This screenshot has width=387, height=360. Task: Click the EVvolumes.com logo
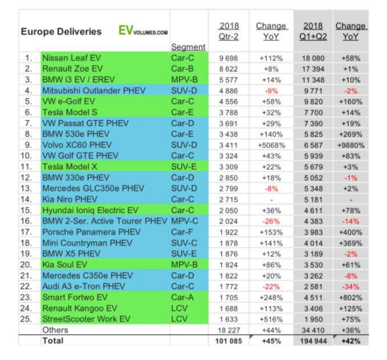click(x=143, y=32)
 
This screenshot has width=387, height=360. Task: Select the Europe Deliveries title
click(x=62, y=32)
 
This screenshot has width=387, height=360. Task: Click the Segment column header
click(x=188, y=47)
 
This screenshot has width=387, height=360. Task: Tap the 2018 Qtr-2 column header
click(x=229, y=31)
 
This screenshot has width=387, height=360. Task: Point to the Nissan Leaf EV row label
click(x=75, y=58)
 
